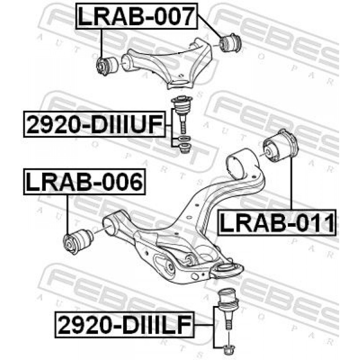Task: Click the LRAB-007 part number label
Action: click(136, 16)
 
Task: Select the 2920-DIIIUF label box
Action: click(94, 124)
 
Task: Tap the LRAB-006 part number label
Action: click(84, 182)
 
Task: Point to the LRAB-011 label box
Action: click(276, 222)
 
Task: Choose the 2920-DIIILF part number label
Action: click(125, 325)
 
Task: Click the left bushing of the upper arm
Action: click(107, 66)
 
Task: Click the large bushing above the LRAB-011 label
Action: click(280, 146)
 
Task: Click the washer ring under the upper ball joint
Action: click(184, 139)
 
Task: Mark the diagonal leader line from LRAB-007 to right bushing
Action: click(210, 26)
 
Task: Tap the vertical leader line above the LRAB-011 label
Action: click(292, 183)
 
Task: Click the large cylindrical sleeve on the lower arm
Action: click(242, 163)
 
